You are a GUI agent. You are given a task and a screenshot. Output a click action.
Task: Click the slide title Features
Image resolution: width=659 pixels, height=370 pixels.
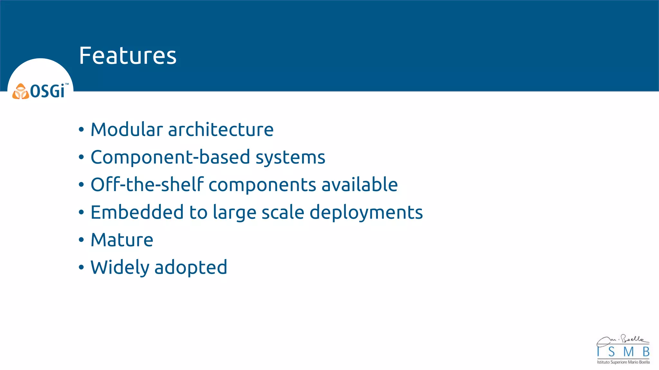point(128,56)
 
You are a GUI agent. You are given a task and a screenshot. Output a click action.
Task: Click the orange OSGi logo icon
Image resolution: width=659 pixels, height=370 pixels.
point(21,92)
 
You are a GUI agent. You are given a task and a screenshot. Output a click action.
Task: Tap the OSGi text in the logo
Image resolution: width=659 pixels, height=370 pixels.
point(48,91)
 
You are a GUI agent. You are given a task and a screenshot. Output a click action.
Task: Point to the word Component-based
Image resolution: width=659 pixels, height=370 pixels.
point(170,157)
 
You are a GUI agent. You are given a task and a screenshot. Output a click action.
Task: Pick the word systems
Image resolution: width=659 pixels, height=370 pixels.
point(290,157)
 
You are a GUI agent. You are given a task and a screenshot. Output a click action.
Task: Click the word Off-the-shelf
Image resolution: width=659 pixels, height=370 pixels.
point(147,185)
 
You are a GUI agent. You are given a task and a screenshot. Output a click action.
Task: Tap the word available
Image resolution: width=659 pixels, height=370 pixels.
point(359,185)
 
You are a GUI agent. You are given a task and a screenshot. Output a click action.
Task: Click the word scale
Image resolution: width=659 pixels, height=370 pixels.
point(283,212)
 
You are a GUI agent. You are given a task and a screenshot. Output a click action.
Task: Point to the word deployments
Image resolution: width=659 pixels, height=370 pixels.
point(366,213)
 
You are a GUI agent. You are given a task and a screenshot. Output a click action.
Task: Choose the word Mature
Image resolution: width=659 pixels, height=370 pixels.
point(122,240)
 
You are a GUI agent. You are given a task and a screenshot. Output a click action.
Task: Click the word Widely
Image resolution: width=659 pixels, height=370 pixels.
point(120,268)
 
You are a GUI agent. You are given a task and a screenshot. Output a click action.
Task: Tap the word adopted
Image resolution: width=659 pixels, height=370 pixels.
point(191,268)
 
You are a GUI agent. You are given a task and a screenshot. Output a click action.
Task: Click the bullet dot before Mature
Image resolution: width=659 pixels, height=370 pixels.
point(81,240)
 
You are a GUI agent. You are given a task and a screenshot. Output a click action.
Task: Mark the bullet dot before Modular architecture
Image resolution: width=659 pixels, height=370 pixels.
point(81,130)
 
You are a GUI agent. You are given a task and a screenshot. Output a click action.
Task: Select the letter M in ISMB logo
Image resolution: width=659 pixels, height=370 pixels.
point(628,352)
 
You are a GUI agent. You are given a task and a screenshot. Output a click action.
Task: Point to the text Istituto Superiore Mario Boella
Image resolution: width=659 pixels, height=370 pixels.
point(623,362)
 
